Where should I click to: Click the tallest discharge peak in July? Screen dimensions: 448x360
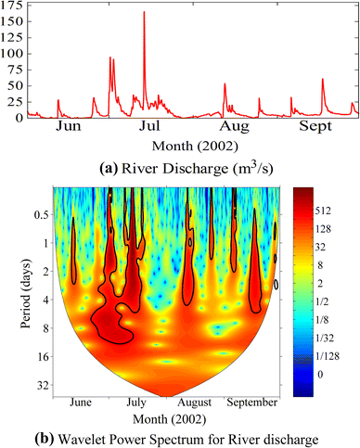144,13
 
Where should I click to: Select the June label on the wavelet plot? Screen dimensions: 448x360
82,404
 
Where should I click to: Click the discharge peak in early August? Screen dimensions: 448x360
225,84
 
